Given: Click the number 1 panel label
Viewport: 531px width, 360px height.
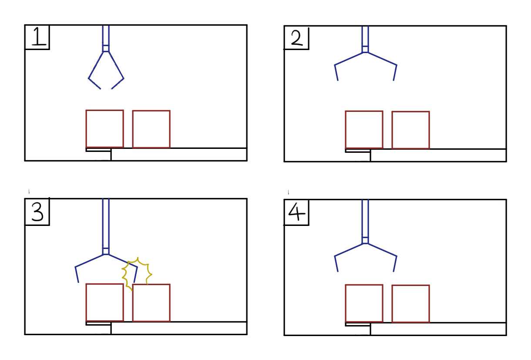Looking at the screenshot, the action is (39, 36).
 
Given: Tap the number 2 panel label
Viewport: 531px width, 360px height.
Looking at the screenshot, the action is (297, 38).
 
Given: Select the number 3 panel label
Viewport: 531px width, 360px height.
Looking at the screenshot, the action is (37, 212).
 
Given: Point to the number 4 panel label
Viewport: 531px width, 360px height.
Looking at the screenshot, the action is (296, 212).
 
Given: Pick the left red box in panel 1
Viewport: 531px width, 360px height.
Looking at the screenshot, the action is (86, 128).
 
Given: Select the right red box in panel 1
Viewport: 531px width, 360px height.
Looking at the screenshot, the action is (132, 129).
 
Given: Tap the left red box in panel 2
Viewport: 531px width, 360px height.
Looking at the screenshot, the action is (346, 130).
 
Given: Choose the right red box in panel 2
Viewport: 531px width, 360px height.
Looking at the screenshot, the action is (392, 130).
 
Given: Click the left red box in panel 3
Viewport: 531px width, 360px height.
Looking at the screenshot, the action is (86, 303).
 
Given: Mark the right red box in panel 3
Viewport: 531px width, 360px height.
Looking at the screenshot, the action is (132, 303).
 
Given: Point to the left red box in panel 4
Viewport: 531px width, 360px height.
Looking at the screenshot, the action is (346, 303).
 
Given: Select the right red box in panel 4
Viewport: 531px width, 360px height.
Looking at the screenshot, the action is (392, 304).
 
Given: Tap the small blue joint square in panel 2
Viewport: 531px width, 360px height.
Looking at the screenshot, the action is (365, 49).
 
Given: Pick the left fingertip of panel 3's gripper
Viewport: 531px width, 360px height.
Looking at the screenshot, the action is (78, 282).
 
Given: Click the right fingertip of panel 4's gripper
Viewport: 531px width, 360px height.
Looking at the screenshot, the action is (393, 271).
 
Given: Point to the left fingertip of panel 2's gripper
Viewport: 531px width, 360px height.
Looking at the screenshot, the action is (338, 81).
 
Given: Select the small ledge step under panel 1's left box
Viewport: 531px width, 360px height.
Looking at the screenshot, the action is (98, 150).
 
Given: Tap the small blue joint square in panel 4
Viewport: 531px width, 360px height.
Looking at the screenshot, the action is (365, 240).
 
